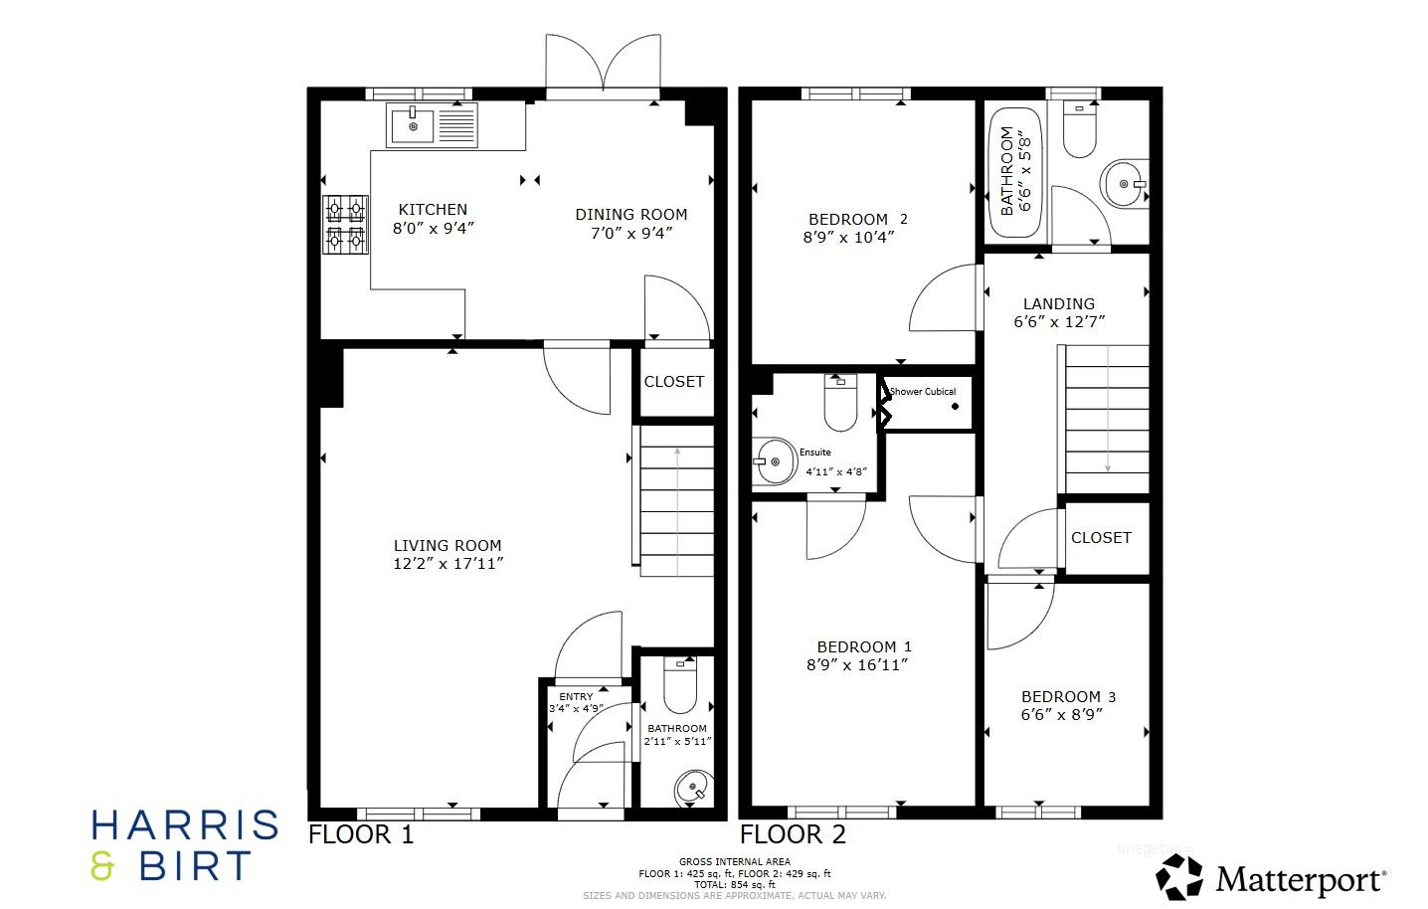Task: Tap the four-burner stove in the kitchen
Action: point(345,224)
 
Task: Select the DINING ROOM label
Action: point(630,214)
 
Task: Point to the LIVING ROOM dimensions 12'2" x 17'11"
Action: point(448,564)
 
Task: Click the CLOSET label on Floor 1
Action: point(673,382)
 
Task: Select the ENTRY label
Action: point(576,697)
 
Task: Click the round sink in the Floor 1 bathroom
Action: point(692,789)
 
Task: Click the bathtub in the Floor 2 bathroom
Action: point(1015,171)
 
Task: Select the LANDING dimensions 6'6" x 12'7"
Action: point(1059,322)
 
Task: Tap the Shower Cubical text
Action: point(922,392)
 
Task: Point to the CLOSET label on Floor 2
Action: point(1101,537)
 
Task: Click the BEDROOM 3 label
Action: point(1060,696)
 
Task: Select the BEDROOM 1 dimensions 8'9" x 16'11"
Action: point(857,664)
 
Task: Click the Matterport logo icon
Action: point(1178,878)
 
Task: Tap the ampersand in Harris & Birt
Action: point(102,866)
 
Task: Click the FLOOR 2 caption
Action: point(793,834)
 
